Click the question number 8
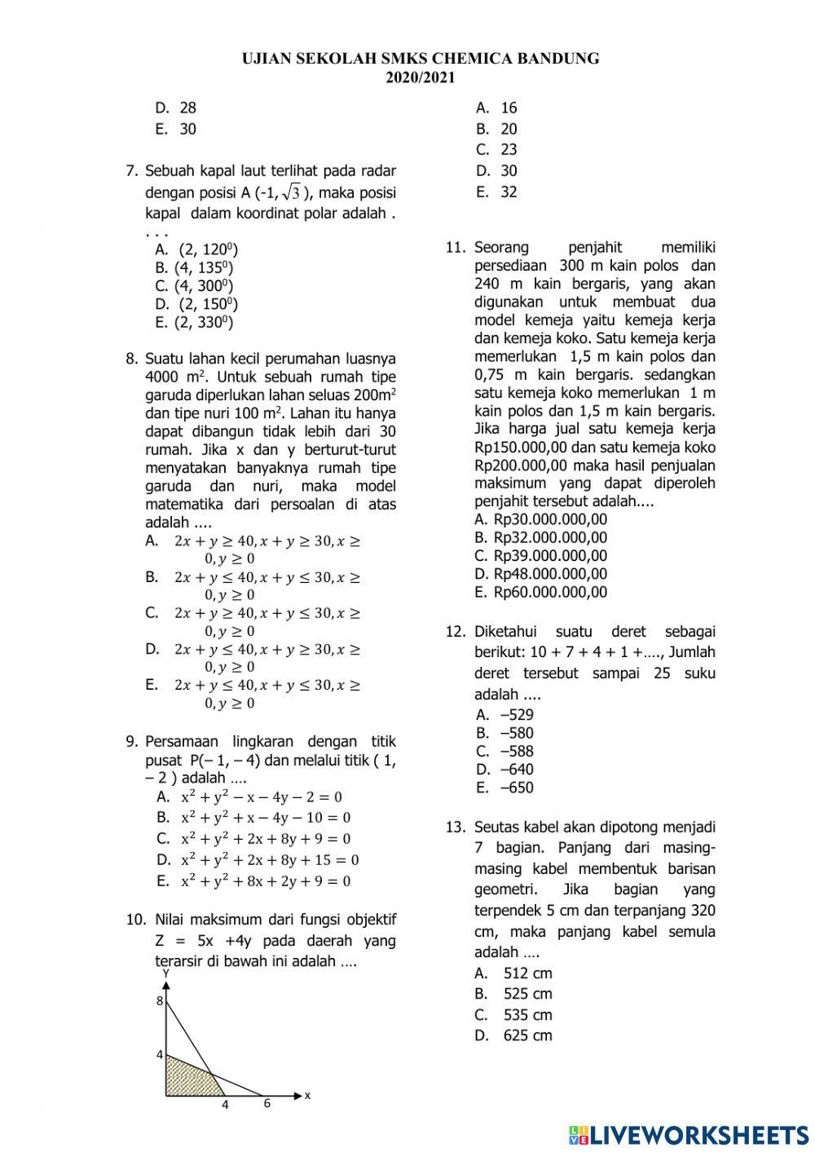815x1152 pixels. coord(132,359)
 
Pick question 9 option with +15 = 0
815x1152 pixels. coord(269,859)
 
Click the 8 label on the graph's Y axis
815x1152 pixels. coord(160,1001)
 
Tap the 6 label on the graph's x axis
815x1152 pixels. coord(267,1103)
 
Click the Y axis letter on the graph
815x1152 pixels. coord(165,973)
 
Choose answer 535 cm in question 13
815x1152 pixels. coord(526,1015)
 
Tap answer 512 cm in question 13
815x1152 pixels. coord(526,973)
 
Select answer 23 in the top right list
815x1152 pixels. coord(509,150)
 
